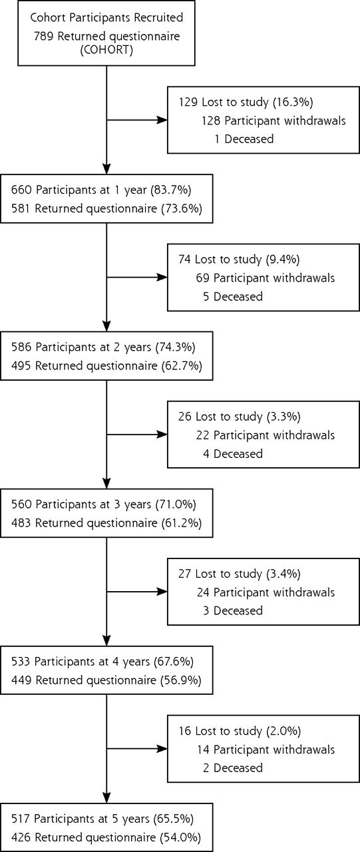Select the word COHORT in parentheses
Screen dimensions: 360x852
(x=106, y=50)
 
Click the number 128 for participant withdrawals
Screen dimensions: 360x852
(x=210, y=120)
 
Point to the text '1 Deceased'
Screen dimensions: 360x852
(x=244, y=139)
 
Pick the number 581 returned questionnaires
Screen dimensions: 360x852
(x=21, y=208)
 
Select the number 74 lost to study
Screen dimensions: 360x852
(x=184, y=260)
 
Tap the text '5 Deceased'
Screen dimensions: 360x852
(x=233, y=296)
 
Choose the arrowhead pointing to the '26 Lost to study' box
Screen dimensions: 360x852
(x=163, y=435)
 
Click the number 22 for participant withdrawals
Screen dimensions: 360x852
(x=202, y=435)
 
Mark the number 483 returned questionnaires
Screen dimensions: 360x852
(x=21, y=523)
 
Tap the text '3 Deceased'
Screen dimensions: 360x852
(x=233, y=610)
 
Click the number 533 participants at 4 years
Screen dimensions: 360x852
(x=21, y=662)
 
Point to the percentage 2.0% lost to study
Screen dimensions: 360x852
(x=283, y=731)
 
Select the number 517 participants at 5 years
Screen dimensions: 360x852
(x=21, y=819)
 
